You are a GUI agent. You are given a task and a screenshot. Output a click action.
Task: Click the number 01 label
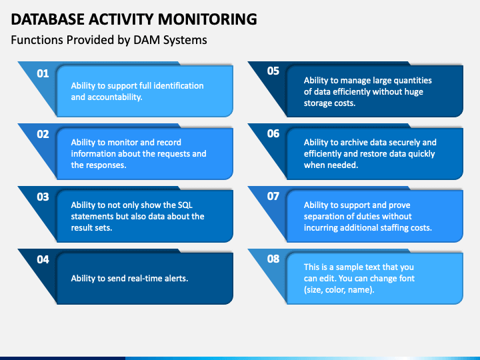tap(43, 73)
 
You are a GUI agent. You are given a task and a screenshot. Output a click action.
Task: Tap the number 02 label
tap(43, 134)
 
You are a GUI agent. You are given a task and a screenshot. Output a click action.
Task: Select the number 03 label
tap(43, 197)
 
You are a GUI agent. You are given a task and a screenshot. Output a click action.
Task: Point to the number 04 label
tap(43, 259)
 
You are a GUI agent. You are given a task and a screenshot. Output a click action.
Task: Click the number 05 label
tap(273, 71)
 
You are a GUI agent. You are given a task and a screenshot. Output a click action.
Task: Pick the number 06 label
tap(273, 133)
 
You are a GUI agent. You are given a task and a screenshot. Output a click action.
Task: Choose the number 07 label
tap(273, 196)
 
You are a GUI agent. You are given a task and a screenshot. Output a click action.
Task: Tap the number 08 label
tap(273, 259)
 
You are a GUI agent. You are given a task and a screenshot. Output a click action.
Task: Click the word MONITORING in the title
tap(207, 19)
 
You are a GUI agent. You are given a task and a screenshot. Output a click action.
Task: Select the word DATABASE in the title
tap(47, 19)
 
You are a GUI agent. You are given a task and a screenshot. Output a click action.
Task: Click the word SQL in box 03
tap(185, 205)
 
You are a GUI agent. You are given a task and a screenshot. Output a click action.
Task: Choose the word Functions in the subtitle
tap(37, 40)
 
